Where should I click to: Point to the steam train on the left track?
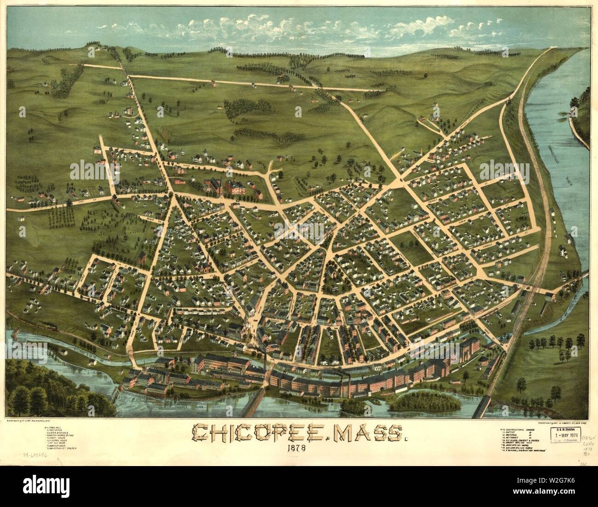coord(48,327)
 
